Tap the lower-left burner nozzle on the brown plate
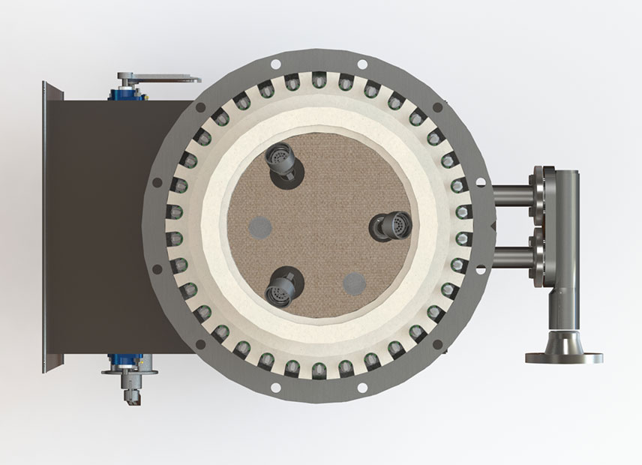pyautogui.click(x=282, y=286)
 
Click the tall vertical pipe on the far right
pyautogui.click(x=567, y=240)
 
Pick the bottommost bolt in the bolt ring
pyautogui.click(x=319, y=367)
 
